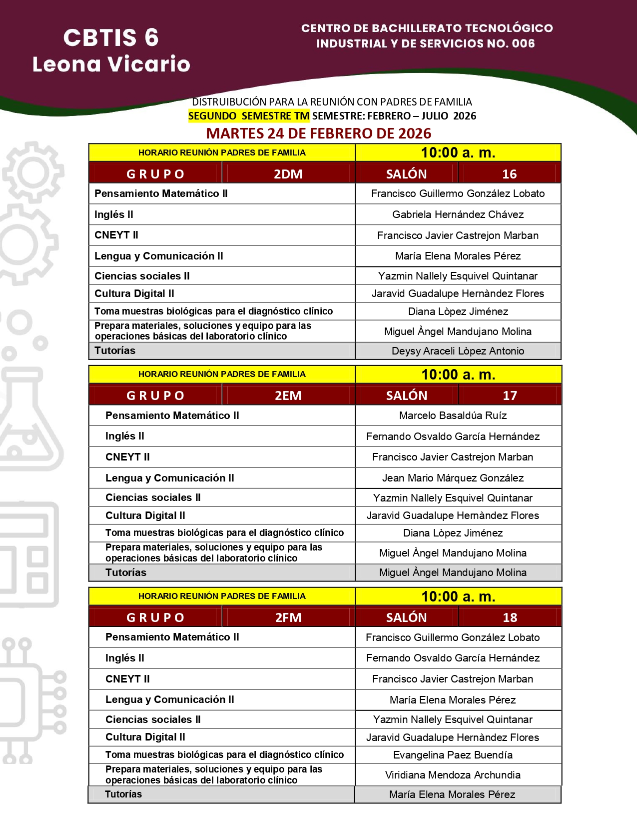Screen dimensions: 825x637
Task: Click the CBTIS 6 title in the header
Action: tap(111, 38)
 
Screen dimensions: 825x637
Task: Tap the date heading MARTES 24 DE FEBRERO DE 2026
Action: tap(318, 133)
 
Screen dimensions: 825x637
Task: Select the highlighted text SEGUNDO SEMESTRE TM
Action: tap(249, 116)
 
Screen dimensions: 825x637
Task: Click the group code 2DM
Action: tap(288, 174)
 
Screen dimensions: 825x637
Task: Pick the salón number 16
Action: tap(509, 174)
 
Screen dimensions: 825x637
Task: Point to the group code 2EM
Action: tap(288, 395)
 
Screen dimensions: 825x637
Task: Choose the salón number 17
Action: tap(510, 395)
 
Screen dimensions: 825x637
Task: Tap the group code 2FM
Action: tap(288, 617)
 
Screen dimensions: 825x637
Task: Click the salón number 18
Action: tap(510, 617)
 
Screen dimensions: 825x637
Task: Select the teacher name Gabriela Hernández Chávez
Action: tap(458, 214)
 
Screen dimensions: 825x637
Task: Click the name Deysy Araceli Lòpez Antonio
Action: tap(458, 351)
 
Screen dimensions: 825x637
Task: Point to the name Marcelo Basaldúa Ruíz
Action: tap(453, 415)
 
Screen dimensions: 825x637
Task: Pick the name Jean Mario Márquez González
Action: tap(453, 478)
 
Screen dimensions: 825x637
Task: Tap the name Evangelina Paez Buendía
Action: tap(453, 755)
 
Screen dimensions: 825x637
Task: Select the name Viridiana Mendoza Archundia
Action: tap(453, 775)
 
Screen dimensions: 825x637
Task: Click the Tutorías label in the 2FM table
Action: tap(123, 794)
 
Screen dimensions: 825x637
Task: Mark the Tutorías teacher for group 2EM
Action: tap(453, 572)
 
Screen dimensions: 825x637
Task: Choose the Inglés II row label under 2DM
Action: tap(114, 214)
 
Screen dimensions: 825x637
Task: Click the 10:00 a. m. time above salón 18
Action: tap(458, 596)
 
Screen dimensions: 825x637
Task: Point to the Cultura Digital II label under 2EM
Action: tap(145, 515)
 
